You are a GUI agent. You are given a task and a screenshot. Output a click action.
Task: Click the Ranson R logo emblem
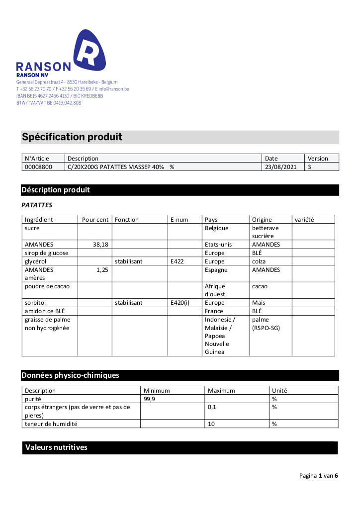coord(90,50)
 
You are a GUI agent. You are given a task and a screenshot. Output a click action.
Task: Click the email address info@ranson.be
coord(114,89)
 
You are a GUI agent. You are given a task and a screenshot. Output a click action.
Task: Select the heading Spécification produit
coord(72,137)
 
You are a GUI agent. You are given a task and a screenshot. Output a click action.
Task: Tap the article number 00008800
coord(38,167)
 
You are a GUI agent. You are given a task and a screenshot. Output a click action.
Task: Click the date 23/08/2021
coord(281,167)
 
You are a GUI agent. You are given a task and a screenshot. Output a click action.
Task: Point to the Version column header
coord(318,159)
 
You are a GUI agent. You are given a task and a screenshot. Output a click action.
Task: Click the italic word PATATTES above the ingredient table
coord(37,205)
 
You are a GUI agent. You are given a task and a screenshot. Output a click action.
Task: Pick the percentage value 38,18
coord(100,245)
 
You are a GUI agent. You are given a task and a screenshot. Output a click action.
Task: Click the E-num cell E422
coord(177,261)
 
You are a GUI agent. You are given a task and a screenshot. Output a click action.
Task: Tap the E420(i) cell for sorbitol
coord(180,302)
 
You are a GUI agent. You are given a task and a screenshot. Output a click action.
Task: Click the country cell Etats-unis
coord(218,245)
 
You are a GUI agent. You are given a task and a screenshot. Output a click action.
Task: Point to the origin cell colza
coord(259,261)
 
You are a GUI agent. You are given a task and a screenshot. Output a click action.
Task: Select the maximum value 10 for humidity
coord(212,424)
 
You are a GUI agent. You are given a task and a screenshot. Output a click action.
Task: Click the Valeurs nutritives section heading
coord(56,447)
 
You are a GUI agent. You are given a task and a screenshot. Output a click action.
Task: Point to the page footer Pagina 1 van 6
coord(318,476)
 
